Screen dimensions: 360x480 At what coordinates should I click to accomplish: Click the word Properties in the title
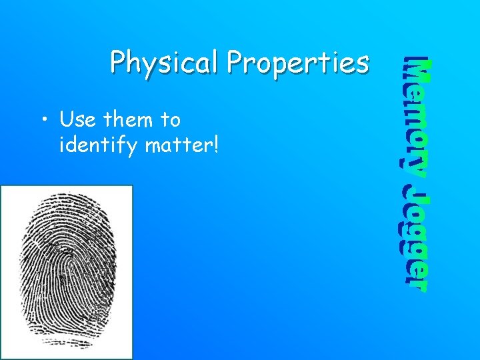coord(297,63)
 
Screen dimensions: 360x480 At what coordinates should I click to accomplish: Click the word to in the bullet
coord(171,120)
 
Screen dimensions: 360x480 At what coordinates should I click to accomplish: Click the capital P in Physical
coord(119,63)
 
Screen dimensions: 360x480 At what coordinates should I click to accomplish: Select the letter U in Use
coord(66,120)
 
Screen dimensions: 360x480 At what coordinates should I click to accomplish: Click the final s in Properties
coord(362,64)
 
